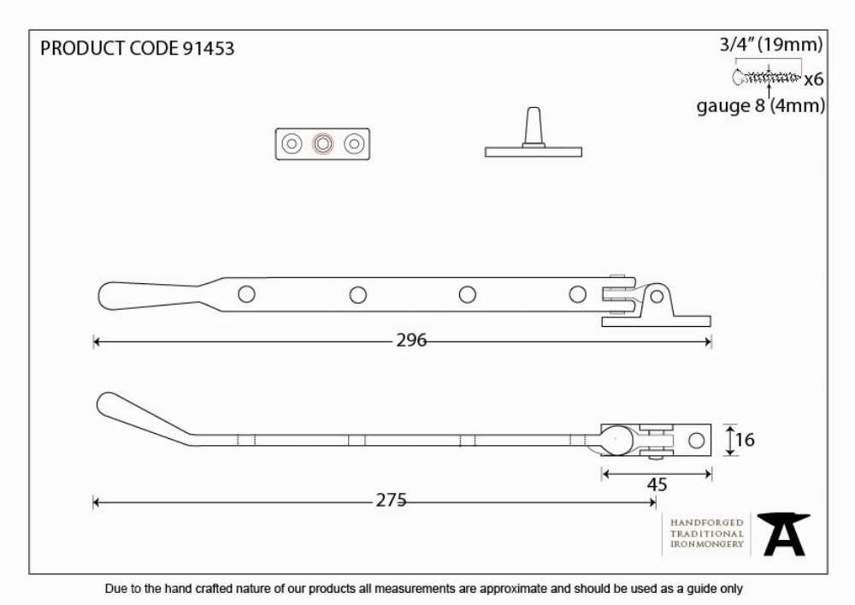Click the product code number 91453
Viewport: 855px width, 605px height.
[x=208, y=49]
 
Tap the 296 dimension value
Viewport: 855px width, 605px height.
[x=411, y=341]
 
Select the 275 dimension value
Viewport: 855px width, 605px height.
[x=391, y=501]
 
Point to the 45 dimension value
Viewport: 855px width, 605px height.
[x=657, y=484]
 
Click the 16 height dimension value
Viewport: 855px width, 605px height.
[x=745, y=440]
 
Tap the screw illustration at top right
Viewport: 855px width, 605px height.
[x=767, y=78]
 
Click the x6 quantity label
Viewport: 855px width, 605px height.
[x=814, y=80]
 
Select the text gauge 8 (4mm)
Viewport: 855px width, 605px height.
[x=761, y=105]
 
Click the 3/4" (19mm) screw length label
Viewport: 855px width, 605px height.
[x=771, y=44]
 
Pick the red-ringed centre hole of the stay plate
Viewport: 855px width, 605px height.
[x=323, y=144]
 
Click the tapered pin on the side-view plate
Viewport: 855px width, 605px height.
[x=534, y=127]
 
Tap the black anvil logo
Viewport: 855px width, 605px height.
[x=783, y=534]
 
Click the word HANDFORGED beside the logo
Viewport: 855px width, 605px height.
[x=707, y=523]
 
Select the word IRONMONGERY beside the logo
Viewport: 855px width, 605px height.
[x=707, y=544]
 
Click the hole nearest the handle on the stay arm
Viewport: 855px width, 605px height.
[x=246, y=294]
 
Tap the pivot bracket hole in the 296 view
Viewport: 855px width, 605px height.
[x=657, y=297]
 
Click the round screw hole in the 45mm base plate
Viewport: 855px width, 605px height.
[x=696, y=440]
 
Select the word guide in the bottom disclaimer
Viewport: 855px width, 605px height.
[x=689, y=590]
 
